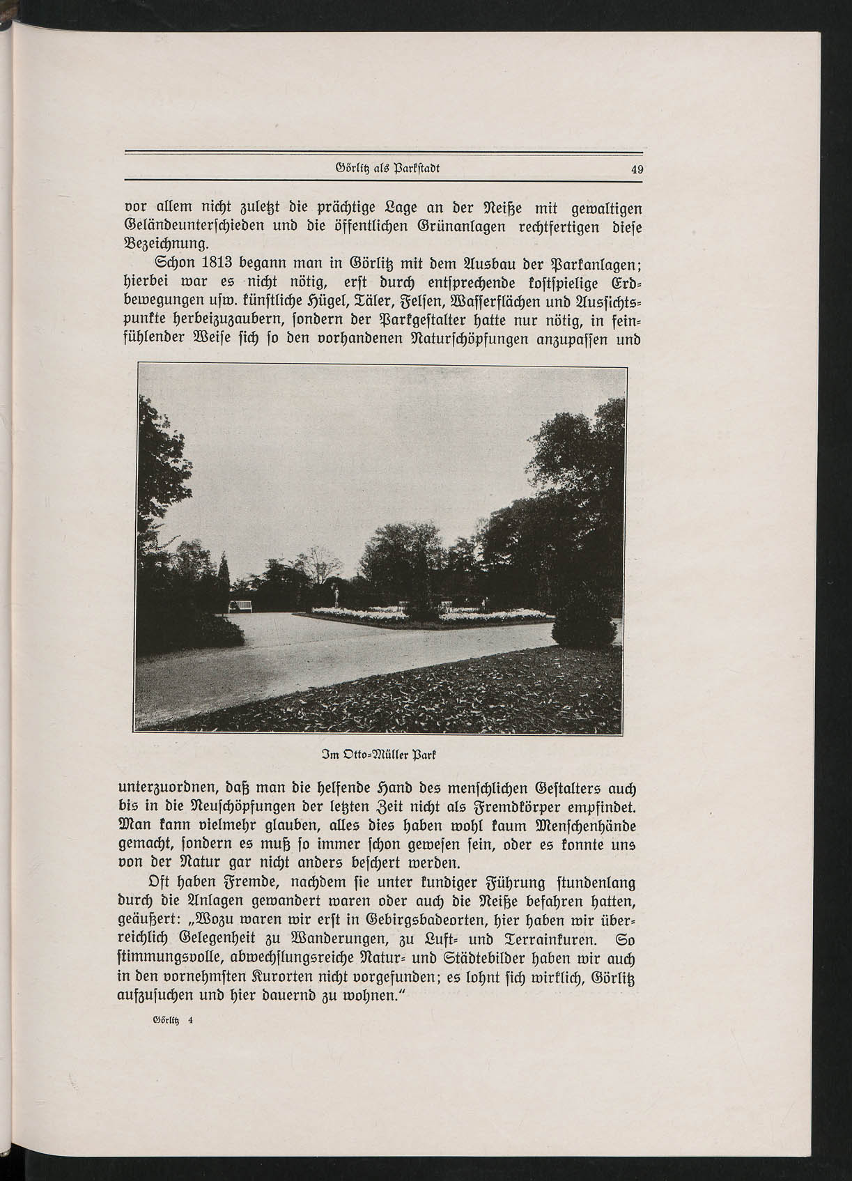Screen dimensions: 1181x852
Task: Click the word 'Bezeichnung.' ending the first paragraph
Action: coord(165,245)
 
